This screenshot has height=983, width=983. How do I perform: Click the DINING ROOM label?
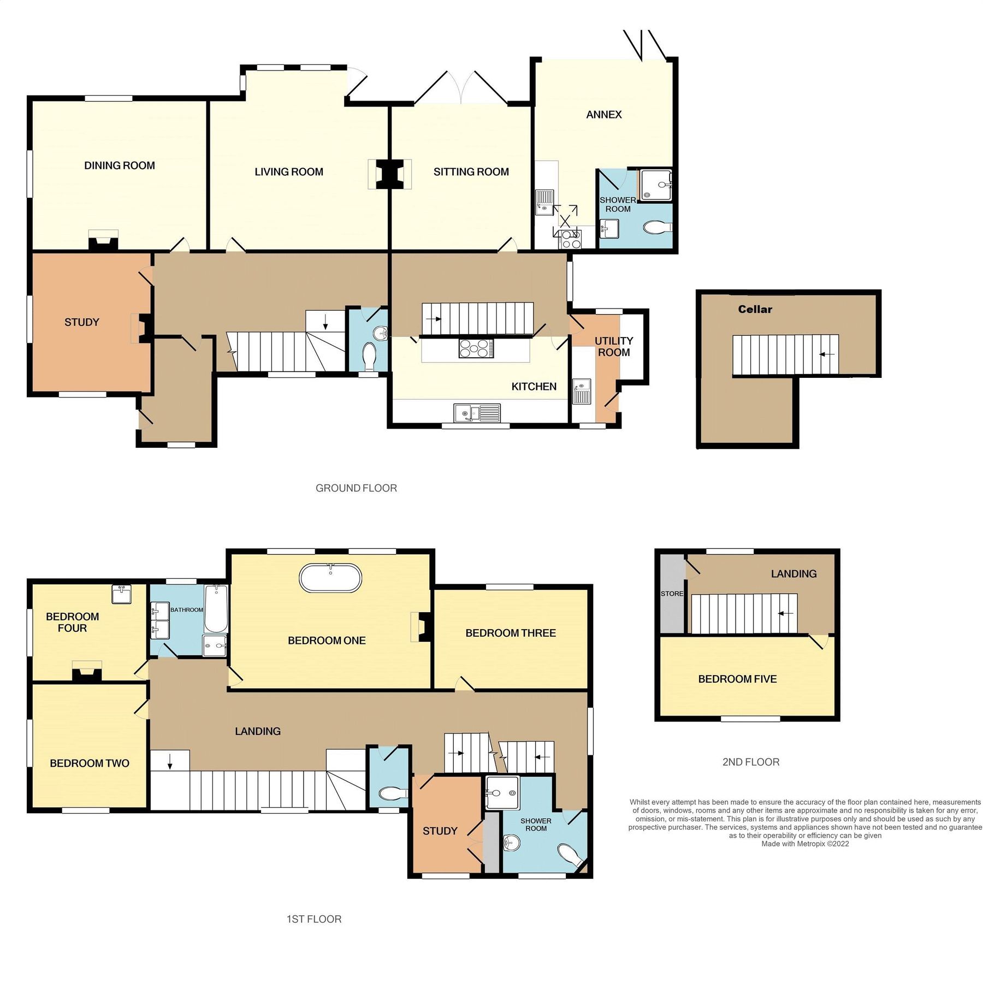[x=119, y=165]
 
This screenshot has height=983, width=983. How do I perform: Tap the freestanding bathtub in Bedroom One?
[x=330, y=577]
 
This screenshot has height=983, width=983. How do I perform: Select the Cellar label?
[x=755, y=309]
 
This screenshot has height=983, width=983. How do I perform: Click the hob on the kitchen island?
[x=476, y=348]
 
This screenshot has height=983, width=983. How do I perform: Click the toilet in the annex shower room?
[x=658, y=227]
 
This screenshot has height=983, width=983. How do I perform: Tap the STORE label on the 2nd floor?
[x=671, y=594]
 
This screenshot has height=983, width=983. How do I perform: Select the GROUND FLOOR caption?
[x=356, y=488]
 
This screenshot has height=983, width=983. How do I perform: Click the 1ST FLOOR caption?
[x=313, y=919]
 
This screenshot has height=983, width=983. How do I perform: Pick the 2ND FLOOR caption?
[x=750, y=762]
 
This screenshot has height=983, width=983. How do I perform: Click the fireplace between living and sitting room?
[x=389, y=174]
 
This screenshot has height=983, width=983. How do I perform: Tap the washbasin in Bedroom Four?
[x=121, y=594]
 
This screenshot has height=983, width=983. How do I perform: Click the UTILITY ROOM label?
[x=614, y=346]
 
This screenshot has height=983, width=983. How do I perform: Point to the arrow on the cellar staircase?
[x=827, y=354]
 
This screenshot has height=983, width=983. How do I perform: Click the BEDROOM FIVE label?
[x=737, y=679]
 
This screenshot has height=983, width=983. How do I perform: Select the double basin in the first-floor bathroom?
[x=159, y=620]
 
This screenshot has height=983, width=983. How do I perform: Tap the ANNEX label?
[x=603, y=115]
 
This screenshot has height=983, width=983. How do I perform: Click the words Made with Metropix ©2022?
[x=805, y=844]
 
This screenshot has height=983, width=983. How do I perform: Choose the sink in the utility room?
[x=582, y=392]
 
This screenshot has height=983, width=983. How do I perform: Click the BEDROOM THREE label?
[x=510, y=633]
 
